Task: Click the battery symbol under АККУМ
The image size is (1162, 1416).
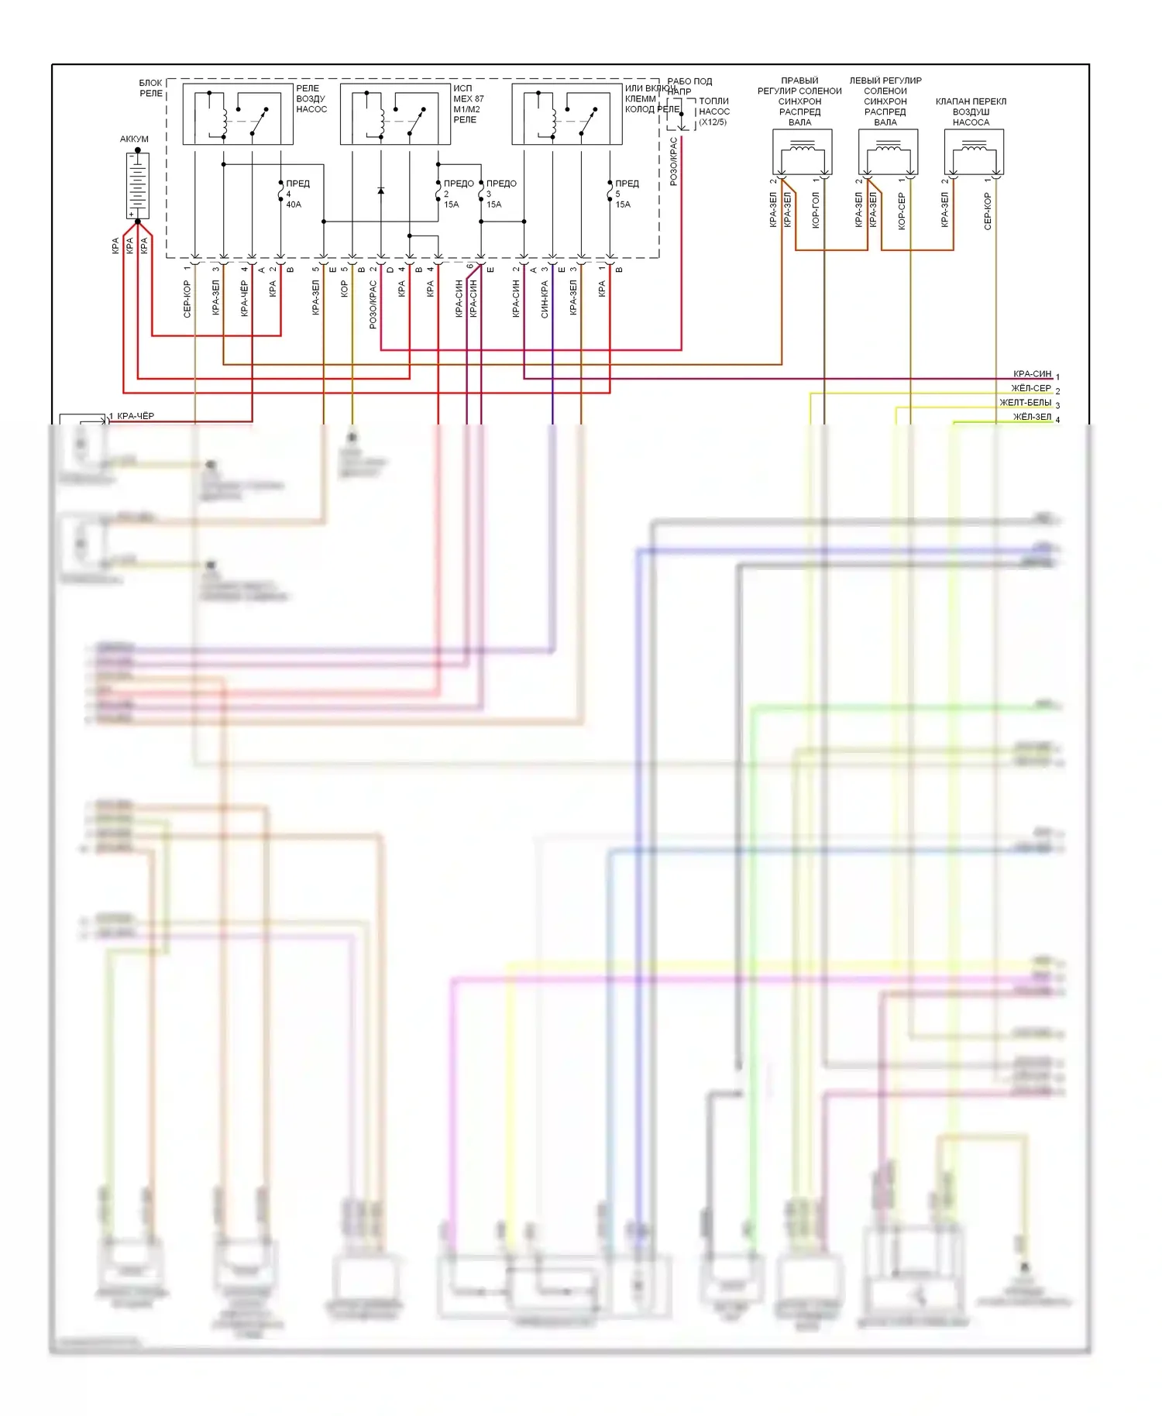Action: tap(137, 185)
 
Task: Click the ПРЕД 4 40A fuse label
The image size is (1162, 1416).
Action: tap(295, 194)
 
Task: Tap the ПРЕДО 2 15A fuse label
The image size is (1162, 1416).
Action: tap(456, 194)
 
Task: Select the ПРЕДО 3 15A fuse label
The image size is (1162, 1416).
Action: tap(499, 194)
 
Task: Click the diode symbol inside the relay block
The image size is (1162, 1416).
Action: tap(380, 191)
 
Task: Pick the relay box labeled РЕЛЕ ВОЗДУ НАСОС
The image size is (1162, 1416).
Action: tap(238, 114)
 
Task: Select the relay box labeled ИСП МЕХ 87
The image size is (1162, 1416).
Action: tap(395, 114)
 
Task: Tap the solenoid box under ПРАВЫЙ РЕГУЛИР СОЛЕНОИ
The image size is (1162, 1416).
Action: tap(802, 152)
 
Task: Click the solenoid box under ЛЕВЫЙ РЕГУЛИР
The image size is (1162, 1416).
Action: tap(888, 152)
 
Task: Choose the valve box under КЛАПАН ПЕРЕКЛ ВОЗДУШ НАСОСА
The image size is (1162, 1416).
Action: tap(974, 152)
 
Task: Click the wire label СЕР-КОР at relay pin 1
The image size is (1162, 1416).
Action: tap(187, 299)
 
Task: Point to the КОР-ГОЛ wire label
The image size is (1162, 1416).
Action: tap(816, 211)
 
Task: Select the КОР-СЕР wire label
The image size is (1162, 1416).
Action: tap(902, 211)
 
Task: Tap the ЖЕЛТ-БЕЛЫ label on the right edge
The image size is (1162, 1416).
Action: tap(1025, 403)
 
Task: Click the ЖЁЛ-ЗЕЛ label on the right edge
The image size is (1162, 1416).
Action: tap(1032, 417)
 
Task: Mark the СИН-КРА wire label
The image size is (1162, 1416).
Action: tap(545, 299)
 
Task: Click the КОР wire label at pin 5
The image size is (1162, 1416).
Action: tap(345, 289)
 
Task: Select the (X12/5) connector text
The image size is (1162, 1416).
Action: tap(713, 122)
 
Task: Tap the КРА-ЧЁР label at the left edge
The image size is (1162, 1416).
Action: tap(136, 416)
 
